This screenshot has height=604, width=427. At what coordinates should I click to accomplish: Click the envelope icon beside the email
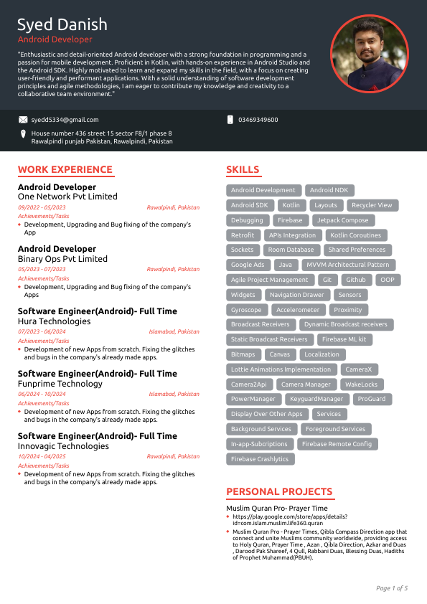pos(23,120)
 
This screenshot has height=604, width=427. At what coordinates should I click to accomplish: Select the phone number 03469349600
pos(258,120)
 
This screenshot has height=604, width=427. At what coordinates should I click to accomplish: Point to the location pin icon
pos(23,134)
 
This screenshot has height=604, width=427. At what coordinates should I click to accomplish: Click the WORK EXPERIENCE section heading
pos(65,170)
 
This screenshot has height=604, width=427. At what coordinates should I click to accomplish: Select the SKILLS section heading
pos(243,170)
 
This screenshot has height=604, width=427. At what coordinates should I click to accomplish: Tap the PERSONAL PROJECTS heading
pos(279,491)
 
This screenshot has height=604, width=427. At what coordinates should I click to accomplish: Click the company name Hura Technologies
pos(54,321)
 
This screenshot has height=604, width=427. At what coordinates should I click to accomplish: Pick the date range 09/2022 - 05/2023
pos(42,207)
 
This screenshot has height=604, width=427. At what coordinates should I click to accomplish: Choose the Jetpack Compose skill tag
pos(343,220)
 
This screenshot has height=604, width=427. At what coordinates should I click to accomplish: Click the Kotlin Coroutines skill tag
pos(356,235)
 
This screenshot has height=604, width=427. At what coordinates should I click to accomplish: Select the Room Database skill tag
pos(291,250)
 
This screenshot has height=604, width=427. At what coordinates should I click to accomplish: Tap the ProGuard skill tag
pos(372,399)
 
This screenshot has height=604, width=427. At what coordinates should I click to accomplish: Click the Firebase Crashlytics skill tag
pos(260,459)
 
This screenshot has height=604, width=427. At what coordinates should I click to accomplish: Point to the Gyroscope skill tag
pos(247,310)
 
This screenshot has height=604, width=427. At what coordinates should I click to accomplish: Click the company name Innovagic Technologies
pos(63,446)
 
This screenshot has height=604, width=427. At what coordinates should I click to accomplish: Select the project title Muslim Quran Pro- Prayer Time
pos(276,508)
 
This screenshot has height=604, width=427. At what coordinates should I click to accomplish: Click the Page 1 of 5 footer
pos(392,588)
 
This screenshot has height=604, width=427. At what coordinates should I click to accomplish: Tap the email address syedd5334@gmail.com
pos(65,120)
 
